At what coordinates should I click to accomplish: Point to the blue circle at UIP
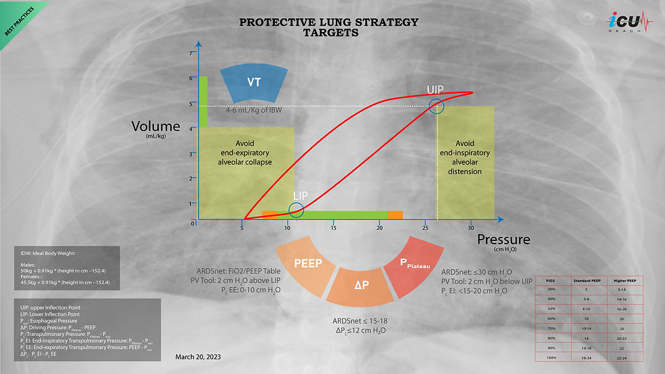pos(436,106)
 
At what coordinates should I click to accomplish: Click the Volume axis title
pos(156,127)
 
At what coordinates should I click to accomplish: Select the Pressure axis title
pos(503,240)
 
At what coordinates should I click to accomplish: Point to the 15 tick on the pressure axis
pos(333,228)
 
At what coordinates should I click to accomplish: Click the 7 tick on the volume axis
pos(192,53)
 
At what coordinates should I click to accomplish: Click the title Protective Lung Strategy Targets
pos(329,27)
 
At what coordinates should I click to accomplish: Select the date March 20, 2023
pos(197,356)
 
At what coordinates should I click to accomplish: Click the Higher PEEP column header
pos(620,279)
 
